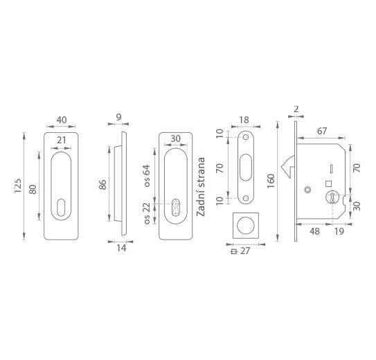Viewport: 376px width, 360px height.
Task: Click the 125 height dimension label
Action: [18, 186]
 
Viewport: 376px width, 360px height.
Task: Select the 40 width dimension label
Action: [62, 120]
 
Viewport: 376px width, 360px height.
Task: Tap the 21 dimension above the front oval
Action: [62, 140]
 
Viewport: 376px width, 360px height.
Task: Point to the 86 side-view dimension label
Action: [102, 185]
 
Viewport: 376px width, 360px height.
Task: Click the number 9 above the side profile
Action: [118, 117]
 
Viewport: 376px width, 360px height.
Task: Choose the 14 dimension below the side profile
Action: [121, 248]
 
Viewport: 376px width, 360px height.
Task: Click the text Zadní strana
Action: [201, 187]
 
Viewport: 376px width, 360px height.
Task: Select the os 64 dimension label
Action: [147, 176]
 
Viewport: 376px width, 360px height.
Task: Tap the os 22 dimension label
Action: [147, 213]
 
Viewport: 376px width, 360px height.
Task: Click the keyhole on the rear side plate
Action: [176, 208]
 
